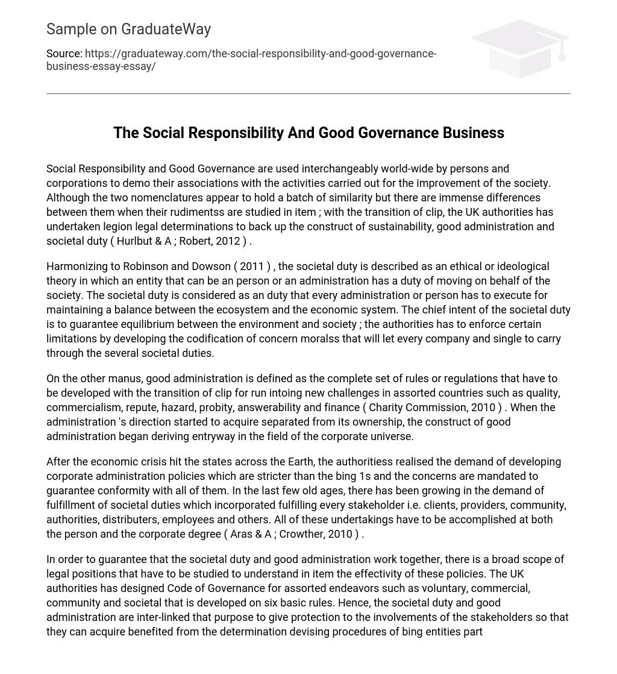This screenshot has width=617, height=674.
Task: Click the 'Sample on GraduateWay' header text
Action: click(x=128, y=29)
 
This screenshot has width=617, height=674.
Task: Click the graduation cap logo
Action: click(x=520, y=48)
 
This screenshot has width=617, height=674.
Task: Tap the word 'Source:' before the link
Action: click(x=64, y=54)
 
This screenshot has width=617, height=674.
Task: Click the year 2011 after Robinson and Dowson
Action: click(x=252, y=266)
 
